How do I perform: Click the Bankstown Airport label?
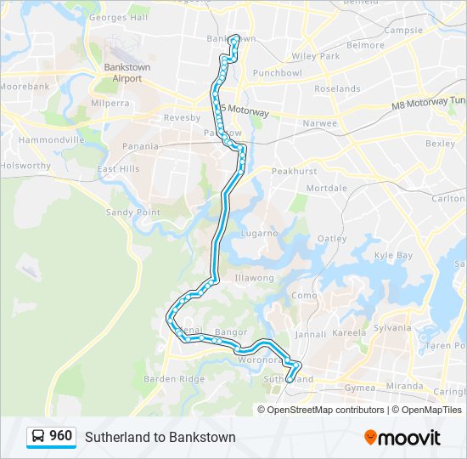[x=127, y=71]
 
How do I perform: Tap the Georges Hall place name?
[x=118, y=17]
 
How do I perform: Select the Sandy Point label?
[x=132, y=212]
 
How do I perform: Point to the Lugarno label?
[x=259, y=232]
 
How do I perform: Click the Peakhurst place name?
[x=293, y=171]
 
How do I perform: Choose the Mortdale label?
[x=326, y=187]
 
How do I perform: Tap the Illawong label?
[x=254, y=277]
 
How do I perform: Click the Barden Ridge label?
[x=174, y=379]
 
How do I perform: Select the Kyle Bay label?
[x=393, y=255]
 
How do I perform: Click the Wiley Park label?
[x=315, y=56]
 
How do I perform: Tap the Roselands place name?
[x=337, y=88]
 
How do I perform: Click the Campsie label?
[x=403, y=30]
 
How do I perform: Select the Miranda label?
[x=404, y=386]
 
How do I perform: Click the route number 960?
[x=60, y=436]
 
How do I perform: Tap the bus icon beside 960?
[x=38, y=437]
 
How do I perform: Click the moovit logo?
[x=402, y=437]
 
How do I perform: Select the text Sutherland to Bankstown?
[x=160, y=437]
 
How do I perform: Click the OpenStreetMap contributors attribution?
[x=325, y=410]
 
